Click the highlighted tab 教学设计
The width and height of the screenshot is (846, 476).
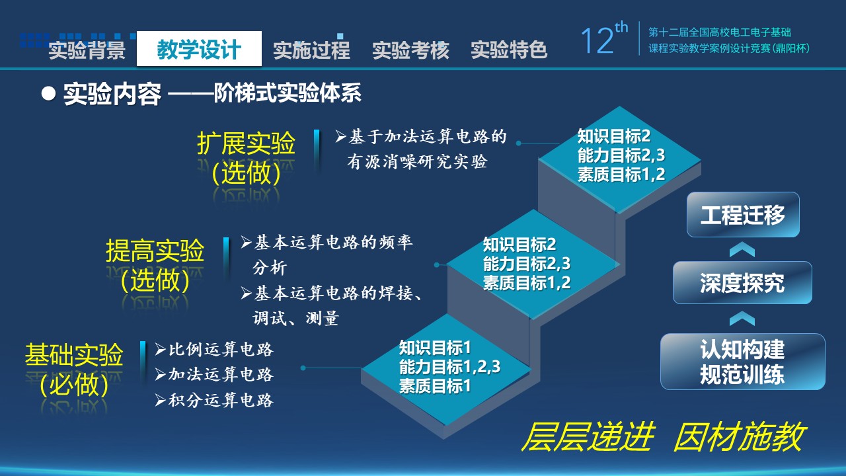click(x=199, y=49)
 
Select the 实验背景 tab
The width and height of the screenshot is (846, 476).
click(x=87, y=50)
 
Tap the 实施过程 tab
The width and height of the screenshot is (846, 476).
click(x=311, y=50)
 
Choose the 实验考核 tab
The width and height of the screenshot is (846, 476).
click(x=410, y=50)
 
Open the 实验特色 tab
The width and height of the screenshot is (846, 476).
click(x=509, y=50)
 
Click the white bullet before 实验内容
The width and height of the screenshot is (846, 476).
click(x=48, y=93)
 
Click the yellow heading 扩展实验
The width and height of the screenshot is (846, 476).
click(x=246, y=143)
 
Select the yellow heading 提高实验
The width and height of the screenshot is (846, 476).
click(x=155, y=251)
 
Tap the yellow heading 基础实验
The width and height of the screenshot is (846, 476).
click(x=74, y=355)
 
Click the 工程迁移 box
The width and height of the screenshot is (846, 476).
click(x=743, y=215)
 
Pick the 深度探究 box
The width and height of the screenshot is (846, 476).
click(x=742, y=282)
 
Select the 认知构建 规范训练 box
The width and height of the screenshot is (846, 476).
click(x=742, y=362)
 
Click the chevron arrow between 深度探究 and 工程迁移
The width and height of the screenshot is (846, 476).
click(x=742, y=249)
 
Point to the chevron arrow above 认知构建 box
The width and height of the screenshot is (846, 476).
click(x=742, y=319)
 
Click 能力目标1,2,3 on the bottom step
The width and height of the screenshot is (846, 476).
click(x=450, y=367)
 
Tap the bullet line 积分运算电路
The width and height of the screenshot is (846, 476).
click(x=213, y=400)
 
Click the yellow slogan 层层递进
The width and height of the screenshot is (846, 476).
click(x=588, y=437)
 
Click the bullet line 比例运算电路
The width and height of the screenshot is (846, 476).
click(x=213, y=349)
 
